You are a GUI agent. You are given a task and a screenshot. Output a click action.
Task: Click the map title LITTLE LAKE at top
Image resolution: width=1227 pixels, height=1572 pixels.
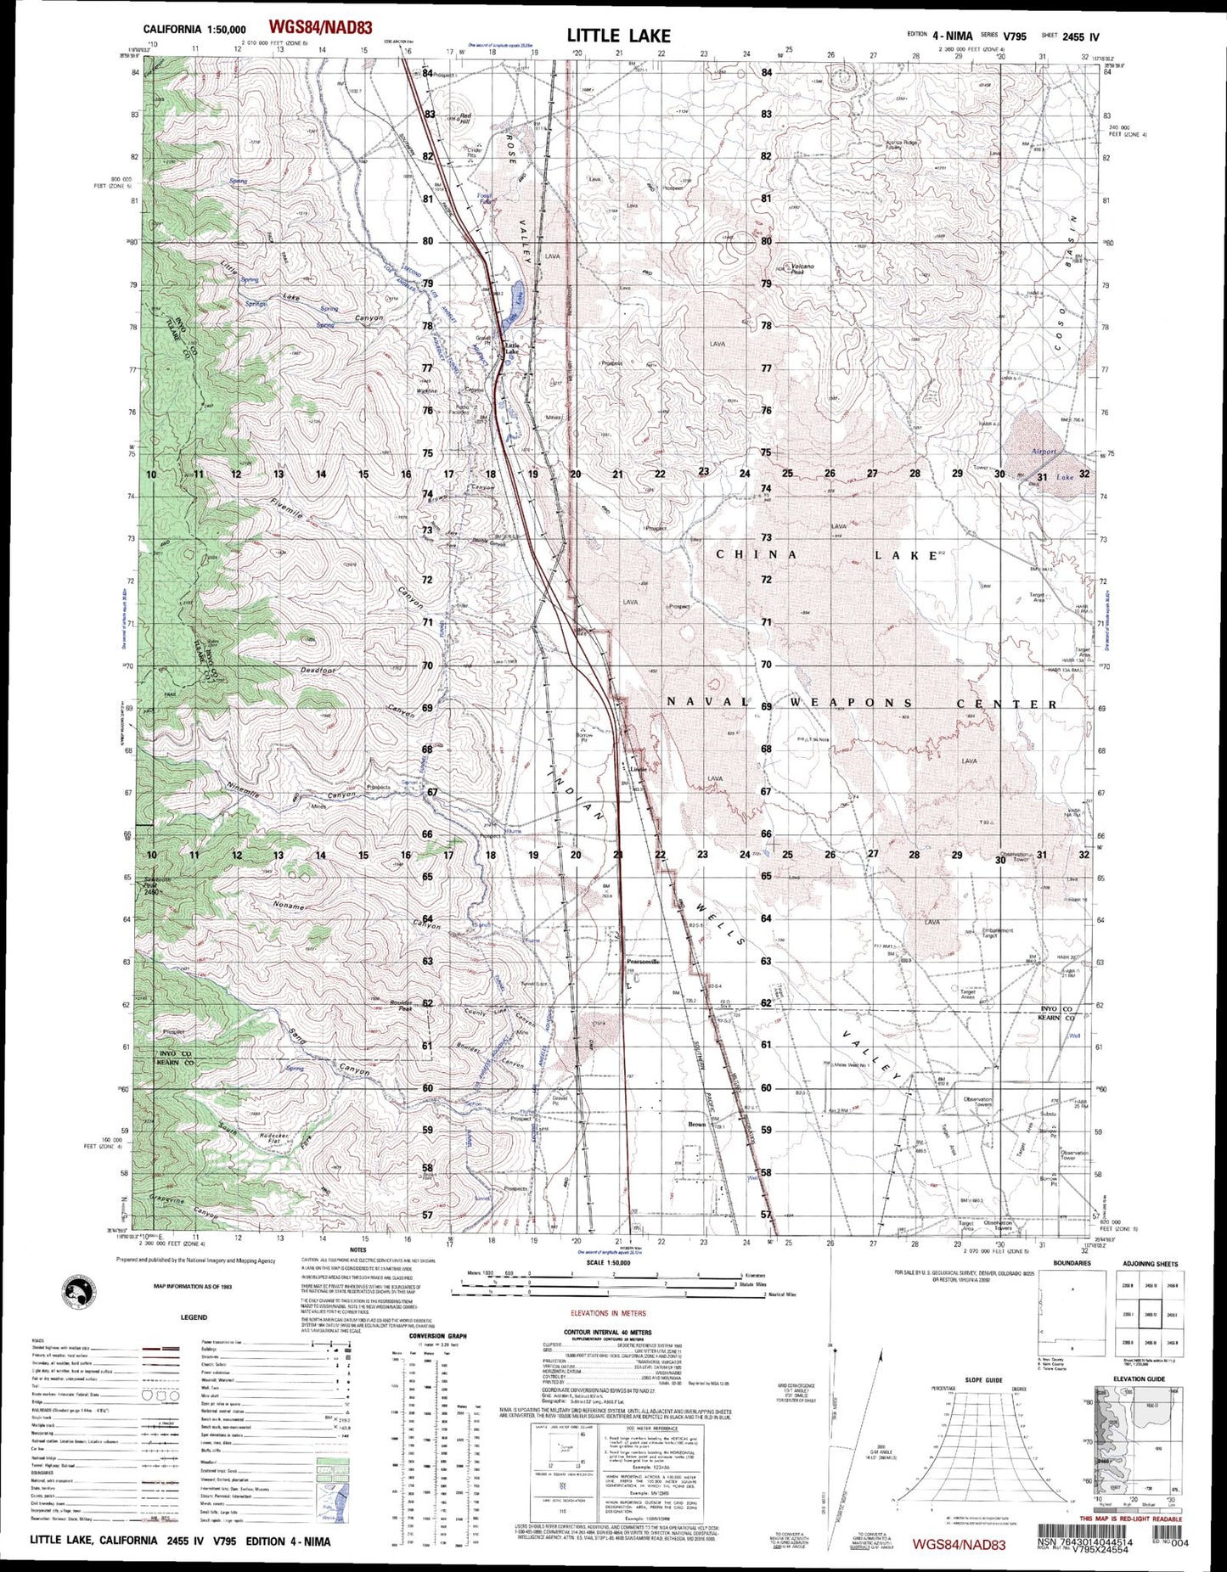point(618,36)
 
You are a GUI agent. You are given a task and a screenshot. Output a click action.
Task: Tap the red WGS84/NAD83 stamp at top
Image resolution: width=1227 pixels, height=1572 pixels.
point(319,29)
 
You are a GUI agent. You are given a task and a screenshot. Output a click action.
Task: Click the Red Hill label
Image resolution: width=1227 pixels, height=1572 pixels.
point(464,117)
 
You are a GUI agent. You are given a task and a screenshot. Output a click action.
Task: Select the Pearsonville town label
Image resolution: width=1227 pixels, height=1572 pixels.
point(643,962)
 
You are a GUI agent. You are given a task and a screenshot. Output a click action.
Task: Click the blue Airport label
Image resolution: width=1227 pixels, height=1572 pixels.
point(1043,452)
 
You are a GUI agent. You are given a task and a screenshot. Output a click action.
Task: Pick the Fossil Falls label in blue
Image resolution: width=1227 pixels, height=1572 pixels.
point(486,198)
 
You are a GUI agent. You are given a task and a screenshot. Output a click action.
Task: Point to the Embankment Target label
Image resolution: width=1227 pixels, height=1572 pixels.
point(997,932)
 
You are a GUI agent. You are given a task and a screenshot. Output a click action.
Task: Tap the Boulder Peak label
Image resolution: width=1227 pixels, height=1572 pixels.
point(401,1005)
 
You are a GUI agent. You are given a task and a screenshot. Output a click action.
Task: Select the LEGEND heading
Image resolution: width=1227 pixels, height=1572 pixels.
point(194,1317)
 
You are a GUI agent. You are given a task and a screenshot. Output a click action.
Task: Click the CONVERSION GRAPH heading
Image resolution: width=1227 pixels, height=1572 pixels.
point(437,1336)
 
